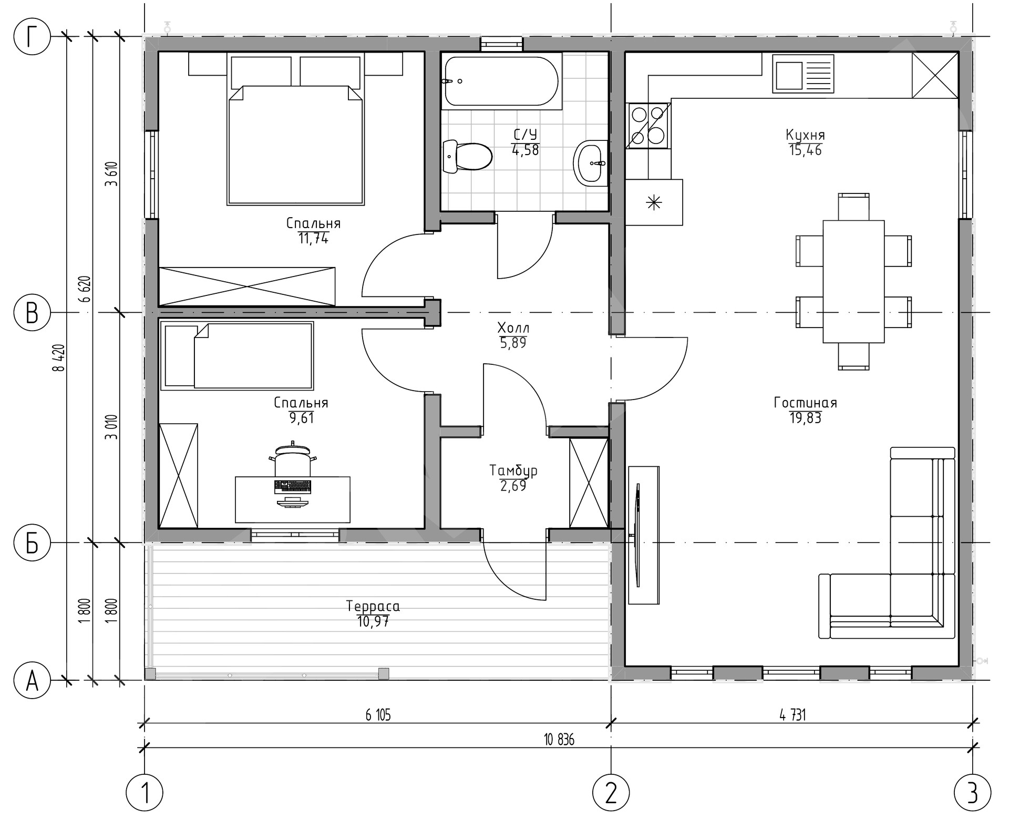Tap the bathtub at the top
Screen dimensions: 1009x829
[x=501, y=81]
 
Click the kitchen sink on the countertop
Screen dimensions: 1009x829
[x=803, y=74]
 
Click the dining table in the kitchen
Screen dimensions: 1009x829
[x=853, y=281]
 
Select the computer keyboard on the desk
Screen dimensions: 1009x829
[x=293, y=486]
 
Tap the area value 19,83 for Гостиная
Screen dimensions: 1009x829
[x=805, y=418]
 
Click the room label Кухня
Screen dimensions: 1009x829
[x=805, y=135]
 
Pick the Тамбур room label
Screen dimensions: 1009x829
[x=513, y=470]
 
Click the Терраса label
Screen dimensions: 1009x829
[x=373, y=606]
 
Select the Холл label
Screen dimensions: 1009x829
[x=513, y=328]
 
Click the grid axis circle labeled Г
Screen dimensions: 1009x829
[x=33, y=37]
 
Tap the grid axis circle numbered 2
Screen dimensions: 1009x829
[x=611, y=792]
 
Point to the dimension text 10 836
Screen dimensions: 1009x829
[x=559, y=740]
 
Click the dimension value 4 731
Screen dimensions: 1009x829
[x=792, y=715]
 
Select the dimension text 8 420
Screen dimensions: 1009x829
[x=59, y=358]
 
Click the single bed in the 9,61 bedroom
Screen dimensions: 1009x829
[x=236, y=356]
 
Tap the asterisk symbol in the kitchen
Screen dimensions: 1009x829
[x=654, y=202]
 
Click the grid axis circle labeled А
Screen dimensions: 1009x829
[x=33, y=681]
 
